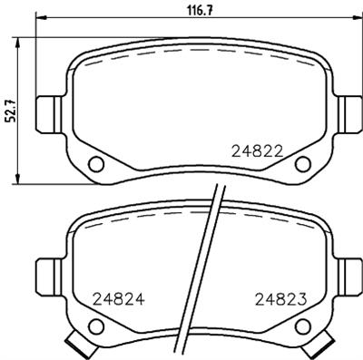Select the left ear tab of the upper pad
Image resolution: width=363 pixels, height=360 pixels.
[46, 113]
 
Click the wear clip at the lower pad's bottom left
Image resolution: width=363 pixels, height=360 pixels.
[81, 345]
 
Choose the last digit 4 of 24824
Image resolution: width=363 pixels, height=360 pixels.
[141, 297]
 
